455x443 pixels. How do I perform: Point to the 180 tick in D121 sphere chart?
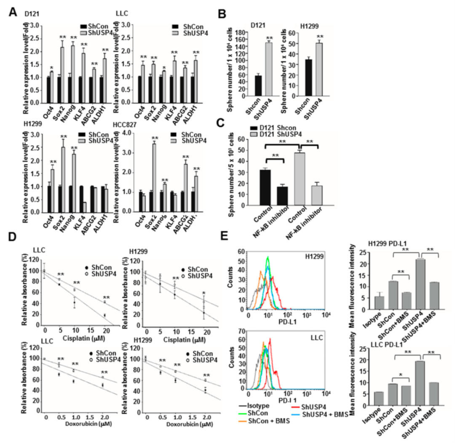coord(241,32)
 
